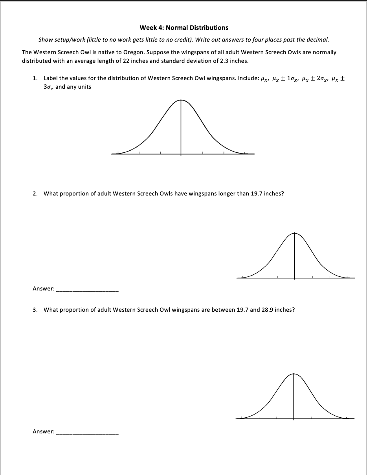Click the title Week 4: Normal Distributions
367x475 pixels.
(x=184, y=27)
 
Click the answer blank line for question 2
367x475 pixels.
(x=87, y=290)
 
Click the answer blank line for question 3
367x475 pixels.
(x=87, y=433)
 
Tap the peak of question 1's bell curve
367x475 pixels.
(x=181, y=100)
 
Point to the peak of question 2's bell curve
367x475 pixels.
(x=295, y=233)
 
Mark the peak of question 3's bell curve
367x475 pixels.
(x=294, y=374)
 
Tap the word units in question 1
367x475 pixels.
(x=84, y=87)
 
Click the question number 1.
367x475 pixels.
(x=35, y=78)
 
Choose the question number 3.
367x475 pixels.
(x=35, y=310)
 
